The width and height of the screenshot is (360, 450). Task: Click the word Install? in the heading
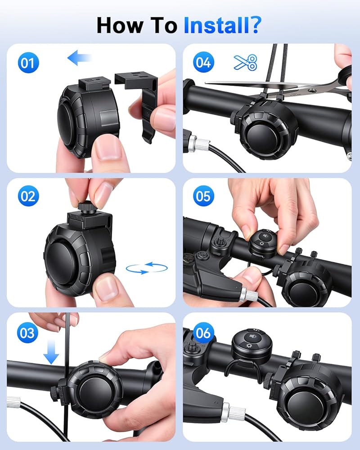(x=222, y=25)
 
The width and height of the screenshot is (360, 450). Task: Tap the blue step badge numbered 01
(x=28, y=63)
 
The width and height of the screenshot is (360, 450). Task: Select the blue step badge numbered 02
(x=28, y=196)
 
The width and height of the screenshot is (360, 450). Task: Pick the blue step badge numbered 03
(x=27, y=333)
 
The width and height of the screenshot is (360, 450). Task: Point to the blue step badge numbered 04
(x=203, y=62)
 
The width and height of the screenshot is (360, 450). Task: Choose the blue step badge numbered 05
(x=203, y=196)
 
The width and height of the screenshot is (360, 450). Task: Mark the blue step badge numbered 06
(x=203, y=333)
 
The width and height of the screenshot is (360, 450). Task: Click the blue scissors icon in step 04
(x=245, y=62)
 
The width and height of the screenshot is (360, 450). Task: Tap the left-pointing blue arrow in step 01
(x=80, y=58)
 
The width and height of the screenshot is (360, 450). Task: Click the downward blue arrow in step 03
(x=51, y=352)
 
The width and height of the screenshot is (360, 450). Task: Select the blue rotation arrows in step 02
(x=147, y=268)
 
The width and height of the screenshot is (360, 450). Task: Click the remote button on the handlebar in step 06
(x=252, y=343)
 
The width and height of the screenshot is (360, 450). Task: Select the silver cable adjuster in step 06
(x=233, y=412)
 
